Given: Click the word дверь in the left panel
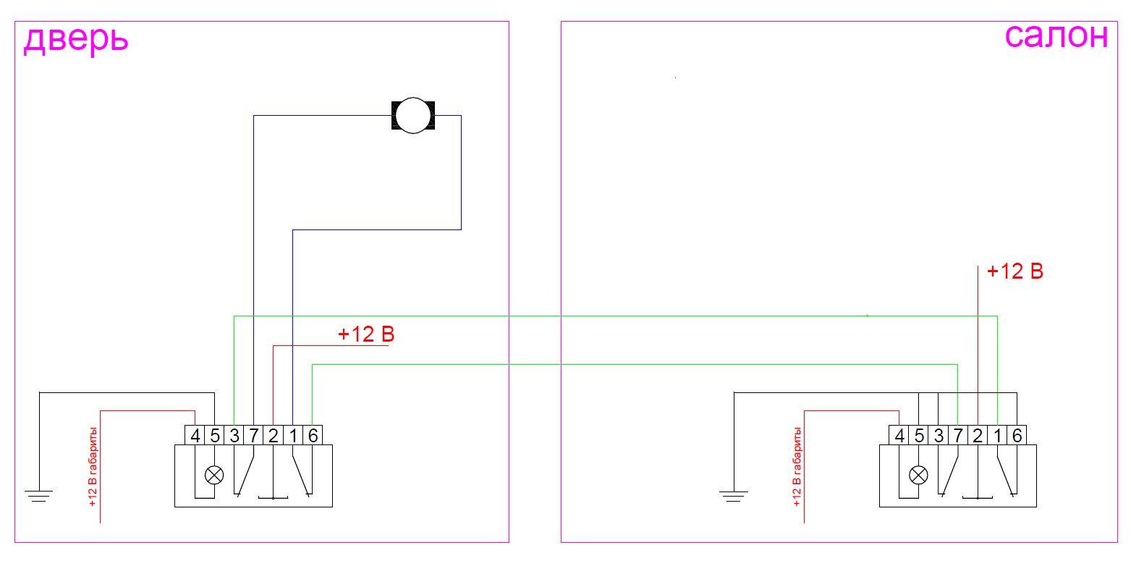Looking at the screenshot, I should tap(75, 39).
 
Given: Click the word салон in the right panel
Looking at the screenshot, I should tap(1056, 35).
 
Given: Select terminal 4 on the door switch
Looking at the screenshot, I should tap(195, 436).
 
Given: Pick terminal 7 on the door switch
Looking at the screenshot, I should tap(254, 436).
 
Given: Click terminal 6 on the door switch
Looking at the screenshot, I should tap(313, 436).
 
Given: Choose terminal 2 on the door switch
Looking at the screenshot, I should tap(274, 436).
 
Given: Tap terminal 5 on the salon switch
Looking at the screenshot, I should tap(919, 436).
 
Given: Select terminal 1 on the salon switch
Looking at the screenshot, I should tap(997, 436).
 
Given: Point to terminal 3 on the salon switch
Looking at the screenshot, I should tap(939, 436).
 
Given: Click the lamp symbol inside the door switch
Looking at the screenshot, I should tap(214, 475).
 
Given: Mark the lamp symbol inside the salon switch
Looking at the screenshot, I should tap(918, 475).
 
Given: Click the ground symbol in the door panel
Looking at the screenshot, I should tap(39, 496).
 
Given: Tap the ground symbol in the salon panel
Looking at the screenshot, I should tap(734, 496).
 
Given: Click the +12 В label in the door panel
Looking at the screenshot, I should tap(366, 335).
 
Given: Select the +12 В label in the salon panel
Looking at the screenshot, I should tap(1014, 272).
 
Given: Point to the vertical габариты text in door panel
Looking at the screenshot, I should tap(93, 466).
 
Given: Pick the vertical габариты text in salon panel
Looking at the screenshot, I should tap(797, 466).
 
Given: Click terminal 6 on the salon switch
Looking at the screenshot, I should tap(1017, 436).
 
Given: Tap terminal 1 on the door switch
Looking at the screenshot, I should tap(293, 436).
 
